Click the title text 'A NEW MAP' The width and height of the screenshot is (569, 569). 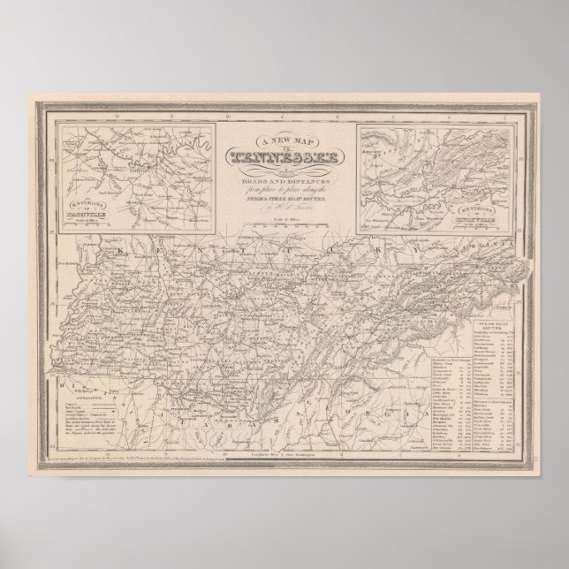(x=284, y=142)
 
